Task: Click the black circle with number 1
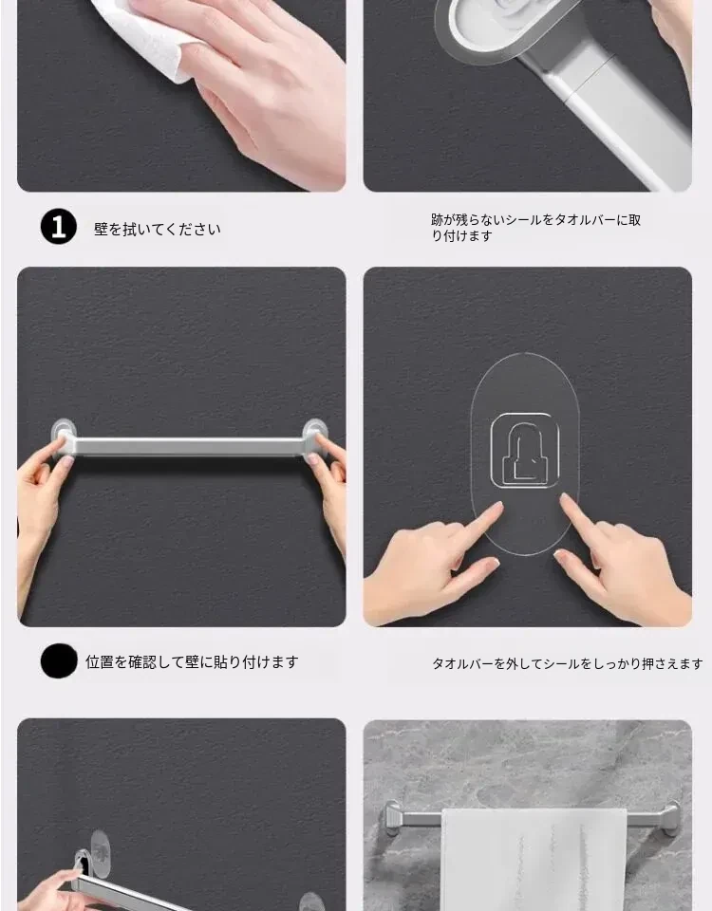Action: (59, 227)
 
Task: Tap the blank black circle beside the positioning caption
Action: (59, 660)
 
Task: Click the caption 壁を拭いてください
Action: (158, 230)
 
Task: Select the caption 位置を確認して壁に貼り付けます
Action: (193, 661)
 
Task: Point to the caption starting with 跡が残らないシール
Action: (535, 228)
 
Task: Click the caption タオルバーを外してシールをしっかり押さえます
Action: (568, 663)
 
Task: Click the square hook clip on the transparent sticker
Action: (525, 451)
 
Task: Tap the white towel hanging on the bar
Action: (534, 859)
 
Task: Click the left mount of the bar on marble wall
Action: (393, 818)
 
